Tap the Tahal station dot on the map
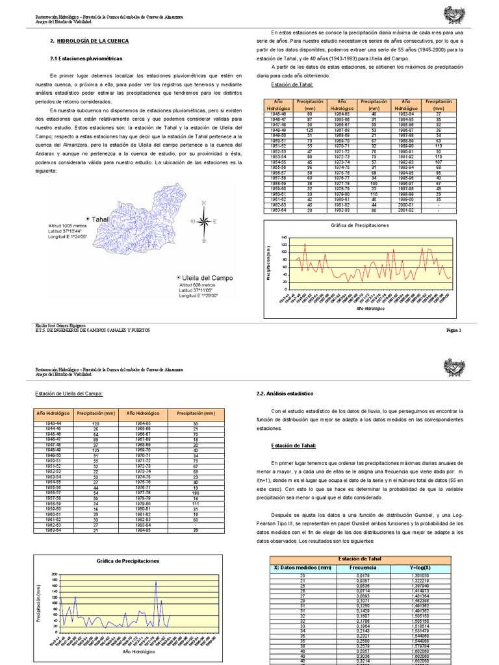[x=87, y=220]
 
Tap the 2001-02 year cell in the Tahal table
[x=407, y=210]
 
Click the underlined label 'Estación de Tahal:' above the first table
[x=292, y=84]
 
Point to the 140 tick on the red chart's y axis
[x=283, y=238]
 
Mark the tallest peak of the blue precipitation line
[x=156, y=581]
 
